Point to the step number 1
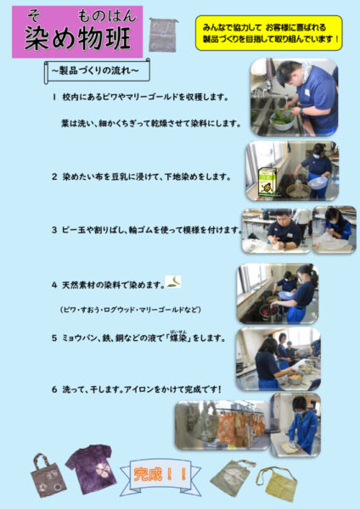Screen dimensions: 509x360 pos(53,97)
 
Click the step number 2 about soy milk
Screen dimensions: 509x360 pos(53,176)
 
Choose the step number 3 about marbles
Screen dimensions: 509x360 pos(53,230)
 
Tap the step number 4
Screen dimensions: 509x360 pos(53,284)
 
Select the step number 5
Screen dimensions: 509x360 pos(53,338)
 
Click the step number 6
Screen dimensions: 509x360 pos(53,389)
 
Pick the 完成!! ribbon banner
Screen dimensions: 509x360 pos(160,475)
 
